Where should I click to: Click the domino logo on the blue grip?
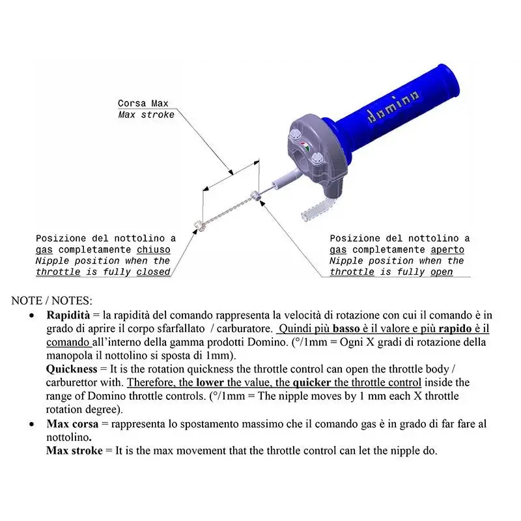[x=393, y=107]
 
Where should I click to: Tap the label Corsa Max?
[x=143, y=104]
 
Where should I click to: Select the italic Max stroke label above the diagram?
[x=146, y=115]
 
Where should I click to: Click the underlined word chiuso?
[x=154, y=249]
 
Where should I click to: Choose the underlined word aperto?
[x=447, y=249]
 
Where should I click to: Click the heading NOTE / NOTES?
[x=52, y=301]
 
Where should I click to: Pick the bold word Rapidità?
[x=68, y=315]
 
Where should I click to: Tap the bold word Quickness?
[x=72, y=369]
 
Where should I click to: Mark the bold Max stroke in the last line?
[x=74, y=450]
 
